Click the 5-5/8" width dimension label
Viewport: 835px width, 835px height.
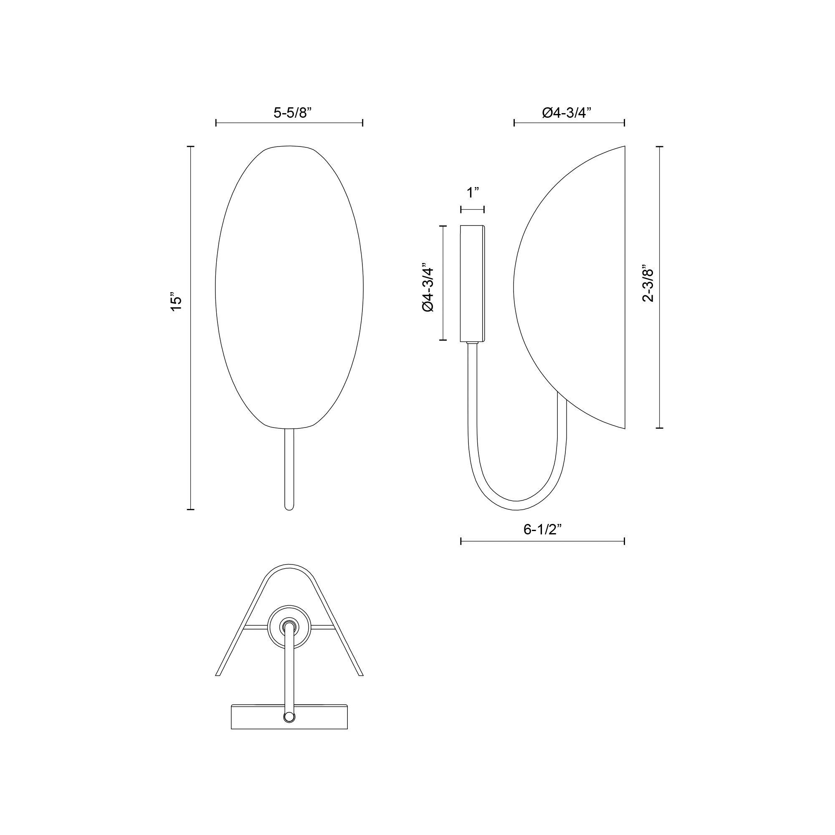coord(293,113)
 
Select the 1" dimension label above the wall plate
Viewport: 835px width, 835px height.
coord(473,193)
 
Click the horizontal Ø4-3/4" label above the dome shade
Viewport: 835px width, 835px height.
coord(567,113)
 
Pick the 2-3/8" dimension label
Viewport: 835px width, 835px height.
coord(648,283)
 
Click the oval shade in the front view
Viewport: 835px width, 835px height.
coord(289,287)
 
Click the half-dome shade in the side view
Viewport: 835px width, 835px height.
coord(575,287)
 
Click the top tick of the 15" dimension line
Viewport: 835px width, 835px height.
coord(190,147)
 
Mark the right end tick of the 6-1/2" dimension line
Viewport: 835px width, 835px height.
coord(624,541)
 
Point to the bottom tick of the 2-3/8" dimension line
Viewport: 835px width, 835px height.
coord(660,428)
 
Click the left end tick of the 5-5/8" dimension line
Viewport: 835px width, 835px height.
coord(216,123)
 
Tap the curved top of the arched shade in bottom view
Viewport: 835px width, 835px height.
coord(289,566)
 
